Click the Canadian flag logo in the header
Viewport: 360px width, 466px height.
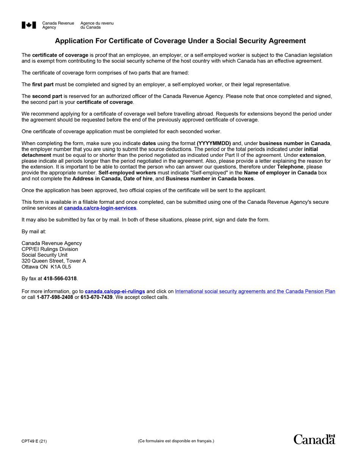pyautogui.click(x=29, y=25)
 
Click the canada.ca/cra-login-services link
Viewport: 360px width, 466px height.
pyautogui.click(x=100, y=208)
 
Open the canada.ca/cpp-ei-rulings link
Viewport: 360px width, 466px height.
pyautogui.click(x=115, y=291)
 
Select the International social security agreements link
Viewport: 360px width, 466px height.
pyautogui.click(x=255, y=291)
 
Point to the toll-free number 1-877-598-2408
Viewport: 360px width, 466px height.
pyautogui.click(x=55, y=297)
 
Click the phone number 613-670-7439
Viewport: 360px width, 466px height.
pyautogui.click(x=96, y=297)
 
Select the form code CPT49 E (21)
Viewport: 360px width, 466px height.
pyautogui.click(x=34, y=441)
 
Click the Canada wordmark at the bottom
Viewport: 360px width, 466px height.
pyautogui.click(x=314, y=439)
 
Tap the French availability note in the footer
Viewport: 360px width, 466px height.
pyautogui.click(x=176, y=441)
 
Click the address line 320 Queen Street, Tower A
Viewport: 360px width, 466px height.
pyautogui.click(x=54, y=261)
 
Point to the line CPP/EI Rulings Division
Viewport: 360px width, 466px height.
pyautogui.click(x=50, y=249)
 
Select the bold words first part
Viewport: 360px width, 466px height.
pyautogui.click(x=43, y=84)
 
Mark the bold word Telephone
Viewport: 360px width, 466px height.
pyautogui.click(x=290, y=167)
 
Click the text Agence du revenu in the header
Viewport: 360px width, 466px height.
pyautogui.click(x=97, y=23)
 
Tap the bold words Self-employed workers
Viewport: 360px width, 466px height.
pyautogui.click(x=127, y=173)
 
